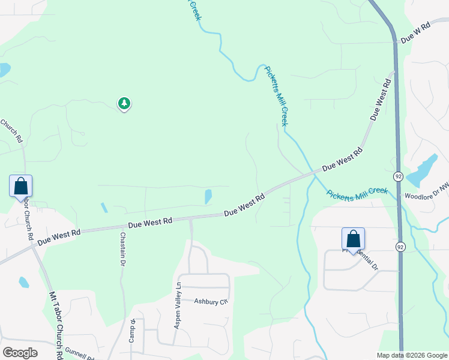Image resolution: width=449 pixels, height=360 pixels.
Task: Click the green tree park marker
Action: click(124, 104)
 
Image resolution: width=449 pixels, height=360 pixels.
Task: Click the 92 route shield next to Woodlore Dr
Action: click(398, 176)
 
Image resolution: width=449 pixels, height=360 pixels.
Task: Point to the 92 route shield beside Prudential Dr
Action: click(400, 246)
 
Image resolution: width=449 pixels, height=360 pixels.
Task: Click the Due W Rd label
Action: click(416, 32)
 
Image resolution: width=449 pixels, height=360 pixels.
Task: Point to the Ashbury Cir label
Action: click(211, 302)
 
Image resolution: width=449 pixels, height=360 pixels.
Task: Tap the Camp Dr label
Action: click(132, 331)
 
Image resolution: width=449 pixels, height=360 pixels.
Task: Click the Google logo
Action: click(20, 353)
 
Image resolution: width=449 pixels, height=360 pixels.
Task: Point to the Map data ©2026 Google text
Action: click(411, 355)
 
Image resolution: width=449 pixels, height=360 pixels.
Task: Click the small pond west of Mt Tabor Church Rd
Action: click(24, 282)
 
